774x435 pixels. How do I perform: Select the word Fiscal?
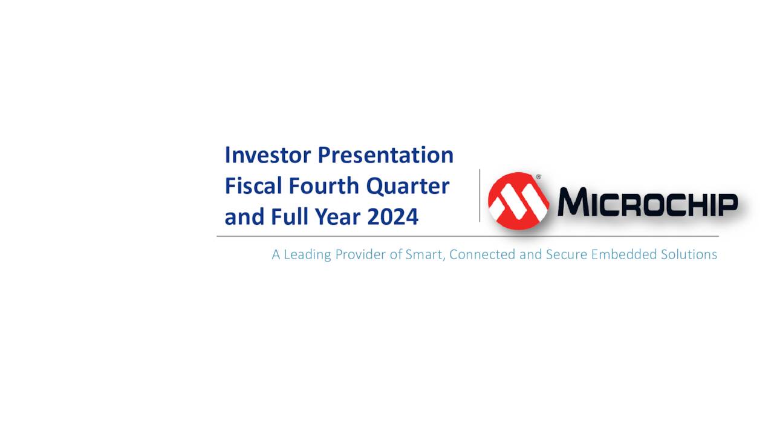click(x=254, y=185)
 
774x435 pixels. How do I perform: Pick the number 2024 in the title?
click(x=392, y=216)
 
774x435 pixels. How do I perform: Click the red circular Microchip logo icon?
click(x=518, y=201)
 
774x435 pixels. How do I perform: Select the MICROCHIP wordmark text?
click(x=647, y=202)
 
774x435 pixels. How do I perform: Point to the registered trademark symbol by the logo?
click(x=538, y=178)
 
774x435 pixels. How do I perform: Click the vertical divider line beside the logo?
click(x=480, y=195)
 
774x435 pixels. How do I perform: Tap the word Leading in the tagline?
click(x=307, y=254)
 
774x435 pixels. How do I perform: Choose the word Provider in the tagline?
click(x=361, y=254)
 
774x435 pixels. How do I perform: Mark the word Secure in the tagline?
click(x=566, y=254)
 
